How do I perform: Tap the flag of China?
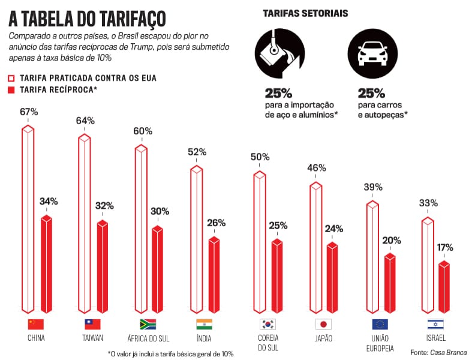(x=36, y=325)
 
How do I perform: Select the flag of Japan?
(x=323, y=325)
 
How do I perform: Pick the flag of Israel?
(x=435, y=325)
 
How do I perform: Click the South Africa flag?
(x=148, y=325)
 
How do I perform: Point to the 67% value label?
(x=28, y=112)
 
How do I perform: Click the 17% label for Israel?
(x=444, y=247)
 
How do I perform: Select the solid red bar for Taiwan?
(x=103, y=267)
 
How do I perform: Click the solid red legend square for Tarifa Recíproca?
(x=11, y=90)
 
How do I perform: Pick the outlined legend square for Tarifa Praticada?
(x=11, y=78)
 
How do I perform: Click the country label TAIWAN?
(x=93, y=338)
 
